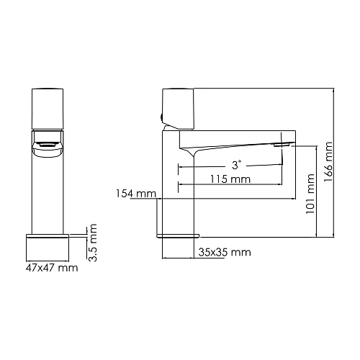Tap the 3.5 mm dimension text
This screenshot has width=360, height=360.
93,243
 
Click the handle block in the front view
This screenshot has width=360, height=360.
50,109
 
